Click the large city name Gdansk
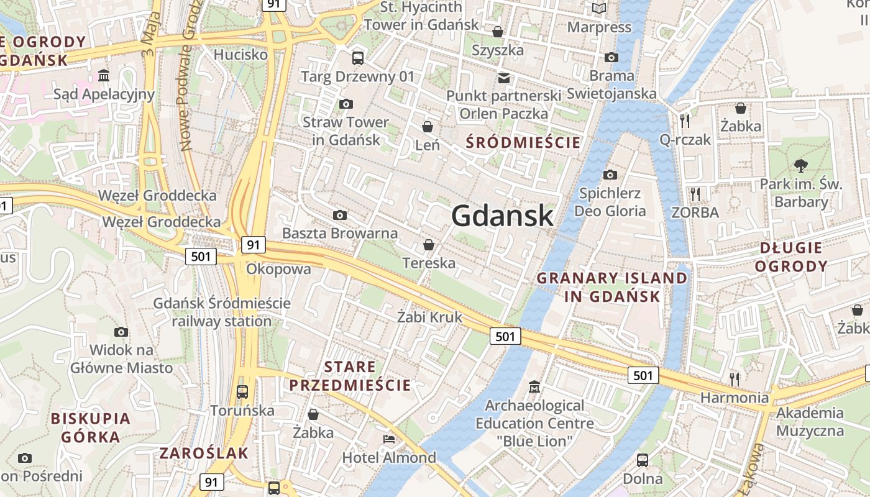click(x=502, y=216)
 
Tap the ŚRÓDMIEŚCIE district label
click(x=523, y=142)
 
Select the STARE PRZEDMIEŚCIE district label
click(x=350, y=376)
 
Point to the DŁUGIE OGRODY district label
click(x=794, y=257)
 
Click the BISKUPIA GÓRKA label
click(x=91, y=427)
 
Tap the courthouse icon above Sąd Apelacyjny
click(x=104, y=76)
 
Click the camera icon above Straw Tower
click(x=346, y=104)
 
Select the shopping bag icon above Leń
click(x=428, y=127)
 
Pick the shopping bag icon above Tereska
click(x=428, y=245)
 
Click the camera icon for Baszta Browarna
click(x=340, y=215)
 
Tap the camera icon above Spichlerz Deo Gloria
click(x=610, y=175)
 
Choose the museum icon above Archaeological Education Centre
click(x=534, y=387)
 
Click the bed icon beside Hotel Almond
click(x=389, y=439)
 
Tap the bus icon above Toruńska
click(x=242, y=392)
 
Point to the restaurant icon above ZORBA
click(x=695, y=194)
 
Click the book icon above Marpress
click(x=599, y=9)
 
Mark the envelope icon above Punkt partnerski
click(x=504, y=78)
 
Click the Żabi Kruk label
click(x=430, y=317)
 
